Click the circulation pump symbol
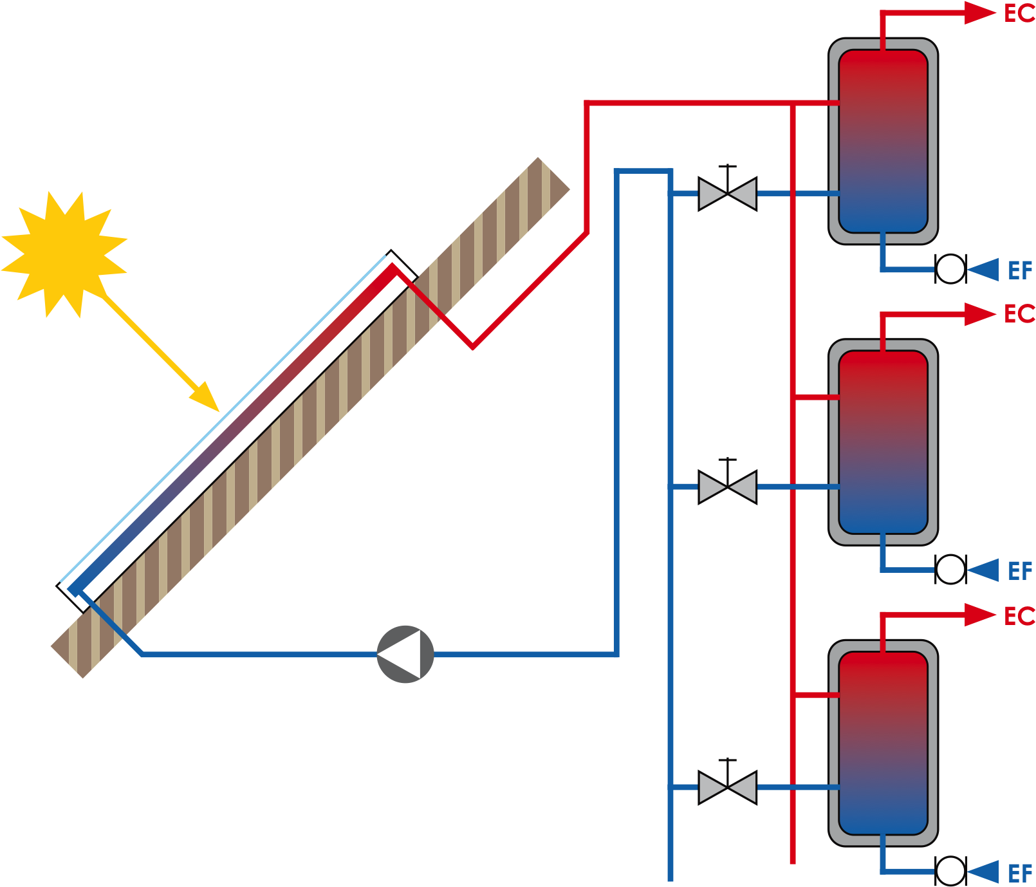coord(405,654)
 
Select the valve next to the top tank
coord(727,193)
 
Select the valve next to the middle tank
coord(727,487)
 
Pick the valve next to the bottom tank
coord(727,787)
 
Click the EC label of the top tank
coord(1019,14)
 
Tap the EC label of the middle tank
coord(1019,314)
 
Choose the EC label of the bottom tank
coord(1019,616)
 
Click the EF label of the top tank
coord(1020,270)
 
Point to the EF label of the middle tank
coord(1020,571)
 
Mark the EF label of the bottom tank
coord(1020,873)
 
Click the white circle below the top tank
coord(950,269)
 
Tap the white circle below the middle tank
coord(950,570)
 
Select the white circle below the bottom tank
coord(950,871)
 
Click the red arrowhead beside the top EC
coord(979,13)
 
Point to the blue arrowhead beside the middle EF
coord(985,570)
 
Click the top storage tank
coord(883,142)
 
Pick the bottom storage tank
coord(883,743)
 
